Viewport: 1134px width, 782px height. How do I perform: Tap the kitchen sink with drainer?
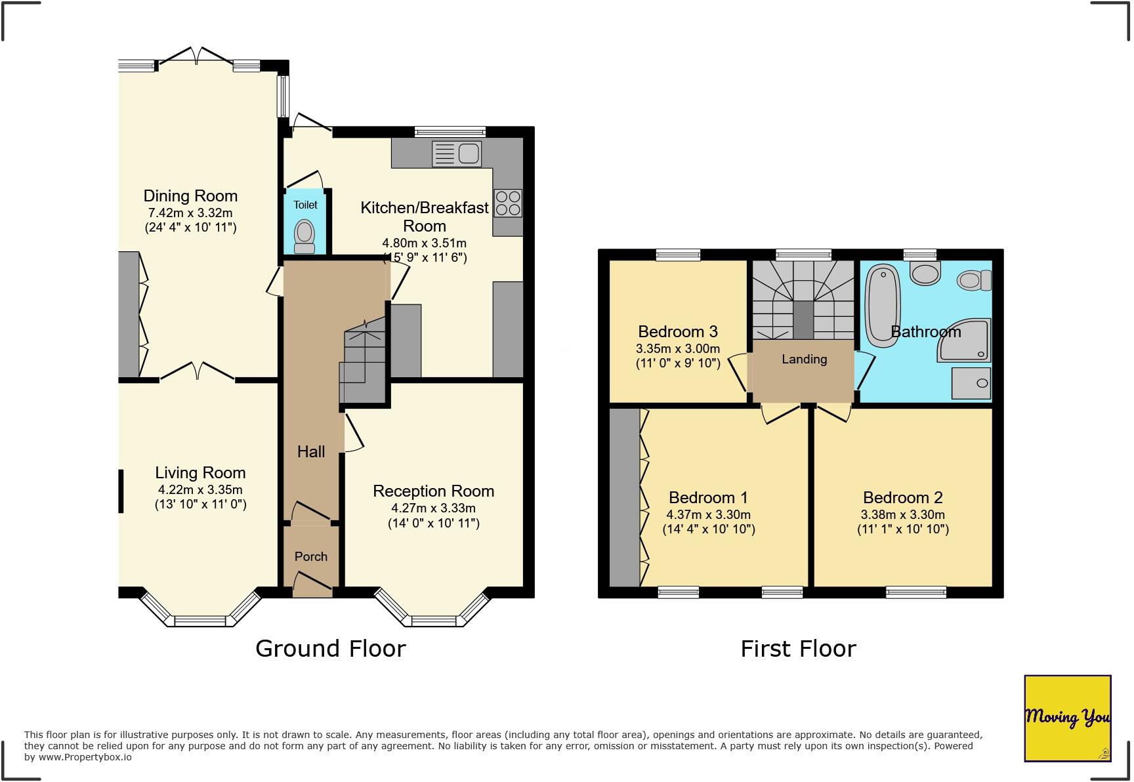click(457, 154)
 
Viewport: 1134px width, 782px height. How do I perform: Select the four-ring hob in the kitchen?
click(508, 203)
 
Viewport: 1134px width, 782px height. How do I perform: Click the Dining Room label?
click(190, 195)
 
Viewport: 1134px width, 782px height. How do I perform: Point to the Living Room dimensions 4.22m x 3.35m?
click(200, 489)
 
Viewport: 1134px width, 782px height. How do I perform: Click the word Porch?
click(310, 556)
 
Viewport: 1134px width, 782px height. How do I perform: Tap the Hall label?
click(310, 451)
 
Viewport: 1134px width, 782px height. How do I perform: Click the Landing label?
click(804, 359)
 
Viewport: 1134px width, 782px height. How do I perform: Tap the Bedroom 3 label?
click(677, 331)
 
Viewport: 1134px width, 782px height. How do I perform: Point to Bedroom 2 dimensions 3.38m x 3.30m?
click(902, 514)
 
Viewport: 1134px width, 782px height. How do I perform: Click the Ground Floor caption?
click(330, 648)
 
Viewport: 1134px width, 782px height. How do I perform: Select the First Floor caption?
click(798, 649)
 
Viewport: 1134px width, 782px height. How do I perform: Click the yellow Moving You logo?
click(1067, 718)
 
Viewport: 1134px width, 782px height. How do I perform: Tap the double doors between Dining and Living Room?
click(197, 372)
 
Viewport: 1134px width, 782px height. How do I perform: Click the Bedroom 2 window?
click(915, 592)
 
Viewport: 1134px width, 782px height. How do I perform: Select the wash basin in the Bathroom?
click(925, 273)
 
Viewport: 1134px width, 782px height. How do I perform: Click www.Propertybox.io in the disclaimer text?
click(85, 757)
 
